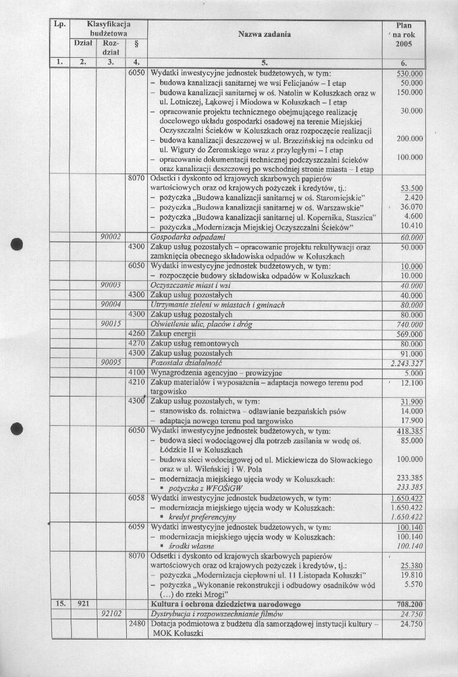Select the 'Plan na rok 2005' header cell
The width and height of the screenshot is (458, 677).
(x=403, y=35)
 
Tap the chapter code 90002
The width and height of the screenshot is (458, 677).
(x=110, y=237)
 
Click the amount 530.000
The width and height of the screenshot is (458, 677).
(x=410, y=74)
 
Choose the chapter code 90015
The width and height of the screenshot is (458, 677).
(x=110, y=324)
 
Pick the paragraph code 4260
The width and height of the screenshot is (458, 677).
(x=136, y=334)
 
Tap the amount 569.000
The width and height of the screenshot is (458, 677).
(x=410, y=334)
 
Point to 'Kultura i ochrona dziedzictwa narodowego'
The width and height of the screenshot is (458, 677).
(x=225, y=604)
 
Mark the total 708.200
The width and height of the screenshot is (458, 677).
(x=409, y=604)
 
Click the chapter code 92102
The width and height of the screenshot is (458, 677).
(x=110, y=614)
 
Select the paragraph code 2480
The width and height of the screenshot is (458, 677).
(x=136, y=624)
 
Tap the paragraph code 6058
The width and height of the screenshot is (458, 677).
(x=136, y=498)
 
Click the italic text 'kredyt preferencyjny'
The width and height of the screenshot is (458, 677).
(x=202, y=518)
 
